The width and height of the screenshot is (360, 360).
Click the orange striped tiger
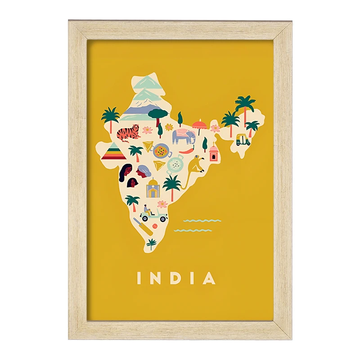click(x=128, y=134)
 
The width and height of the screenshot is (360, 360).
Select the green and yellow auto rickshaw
click(x=243, y=140)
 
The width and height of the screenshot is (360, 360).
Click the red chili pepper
click(x=187, y=151)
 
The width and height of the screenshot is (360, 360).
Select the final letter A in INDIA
click(x=209, y=278)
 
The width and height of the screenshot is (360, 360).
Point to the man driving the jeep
click(x=146, y=210)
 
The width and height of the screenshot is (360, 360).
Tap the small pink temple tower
click(x=213, y=153)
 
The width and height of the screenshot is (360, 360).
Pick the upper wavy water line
click(x=202, y=220)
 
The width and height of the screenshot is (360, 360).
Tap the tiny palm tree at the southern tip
click(x=151, y=243)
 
